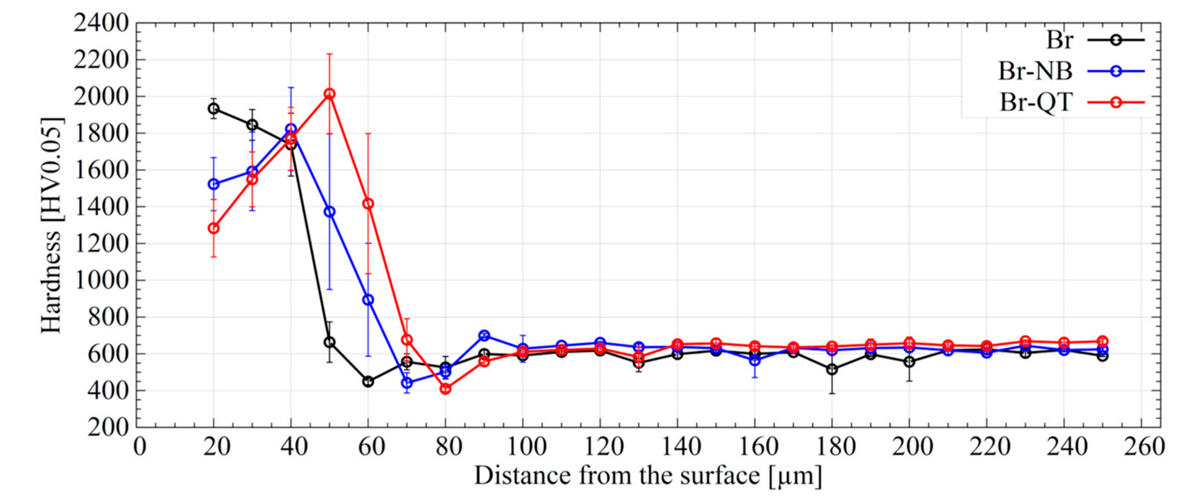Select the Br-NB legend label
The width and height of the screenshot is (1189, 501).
point(1035,71)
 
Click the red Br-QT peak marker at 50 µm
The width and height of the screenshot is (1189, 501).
point(329,94)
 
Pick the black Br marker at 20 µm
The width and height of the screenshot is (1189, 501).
point(213,109)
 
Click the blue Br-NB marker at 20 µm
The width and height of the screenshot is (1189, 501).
point(213,184)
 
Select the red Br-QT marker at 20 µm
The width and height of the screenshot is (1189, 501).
point(213,228)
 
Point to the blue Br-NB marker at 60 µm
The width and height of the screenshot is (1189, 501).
point(368,300)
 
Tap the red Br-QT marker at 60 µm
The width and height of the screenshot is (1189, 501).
point(368,203)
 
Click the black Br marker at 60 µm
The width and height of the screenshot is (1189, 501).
point(368,381)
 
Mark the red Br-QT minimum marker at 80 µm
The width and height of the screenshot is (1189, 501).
point(445,389)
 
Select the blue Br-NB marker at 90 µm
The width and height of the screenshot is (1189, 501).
point(484,335)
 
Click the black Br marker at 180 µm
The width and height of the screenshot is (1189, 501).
point(832,369)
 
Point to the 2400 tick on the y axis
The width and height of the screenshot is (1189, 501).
point(101,23)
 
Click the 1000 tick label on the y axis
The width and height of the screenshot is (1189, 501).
point(101,280)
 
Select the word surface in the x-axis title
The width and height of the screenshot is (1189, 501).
point(707,475)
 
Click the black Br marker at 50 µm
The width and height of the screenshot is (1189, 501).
point(329,342)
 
